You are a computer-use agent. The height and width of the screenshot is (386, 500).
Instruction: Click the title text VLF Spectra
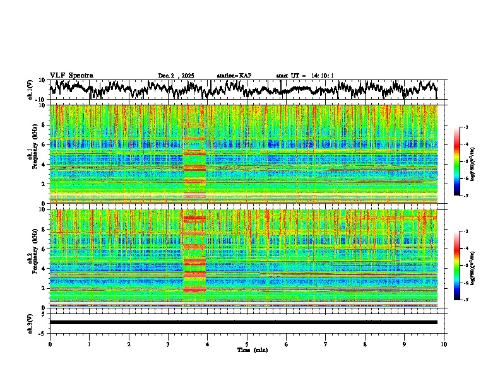point(71,75)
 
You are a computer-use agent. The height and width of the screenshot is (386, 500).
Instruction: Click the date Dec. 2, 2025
point(176,76)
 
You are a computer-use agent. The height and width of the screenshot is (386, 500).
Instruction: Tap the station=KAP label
point(234,76)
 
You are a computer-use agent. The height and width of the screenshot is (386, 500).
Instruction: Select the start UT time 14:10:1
point(305,76)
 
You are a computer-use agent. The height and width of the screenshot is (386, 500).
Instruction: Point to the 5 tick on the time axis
point(247,344)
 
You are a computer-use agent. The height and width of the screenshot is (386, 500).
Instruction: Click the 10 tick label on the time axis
point(444,344)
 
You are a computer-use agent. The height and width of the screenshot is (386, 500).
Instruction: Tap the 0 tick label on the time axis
point(50,344)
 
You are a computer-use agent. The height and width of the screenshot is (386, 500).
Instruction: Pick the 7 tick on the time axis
point(326,344)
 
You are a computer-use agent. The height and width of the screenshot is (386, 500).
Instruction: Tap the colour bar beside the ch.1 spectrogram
point(463,161)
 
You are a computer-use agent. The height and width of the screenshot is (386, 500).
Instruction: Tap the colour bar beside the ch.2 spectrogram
point(463,266)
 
